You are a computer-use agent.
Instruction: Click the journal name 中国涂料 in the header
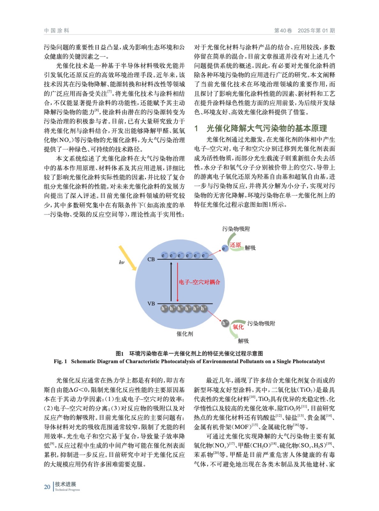pos(57,31)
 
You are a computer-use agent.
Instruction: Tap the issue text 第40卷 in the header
pos(283,31)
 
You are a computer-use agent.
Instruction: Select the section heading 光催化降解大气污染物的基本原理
pos(267,128)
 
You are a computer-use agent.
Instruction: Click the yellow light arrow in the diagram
pos(127,258)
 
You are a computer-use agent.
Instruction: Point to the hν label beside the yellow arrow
pos(122,263)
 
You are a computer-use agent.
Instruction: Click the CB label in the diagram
pos(151,259)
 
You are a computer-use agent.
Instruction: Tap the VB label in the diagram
pos(151,304)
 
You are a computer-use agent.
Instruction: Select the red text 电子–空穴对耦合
pos(199,282)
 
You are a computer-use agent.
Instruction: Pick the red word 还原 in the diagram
pos(235,245)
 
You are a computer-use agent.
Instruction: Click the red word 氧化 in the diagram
pos(238,327)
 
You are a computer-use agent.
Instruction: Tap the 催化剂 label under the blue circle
pos(185,334)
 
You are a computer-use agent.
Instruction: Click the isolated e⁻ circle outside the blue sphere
pos(225,248)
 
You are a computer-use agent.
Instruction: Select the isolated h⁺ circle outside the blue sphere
pos(225,323)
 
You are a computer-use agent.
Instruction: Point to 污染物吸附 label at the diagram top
pos(236,229)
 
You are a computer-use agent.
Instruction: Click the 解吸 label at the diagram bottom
pos(243,341)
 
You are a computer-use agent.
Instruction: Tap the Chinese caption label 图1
pos(119,354)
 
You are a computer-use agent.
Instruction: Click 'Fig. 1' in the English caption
pos(60,362)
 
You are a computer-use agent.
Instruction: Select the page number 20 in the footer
pos(47,487)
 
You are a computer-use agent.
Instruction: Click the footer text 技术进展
pos(65,484)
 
